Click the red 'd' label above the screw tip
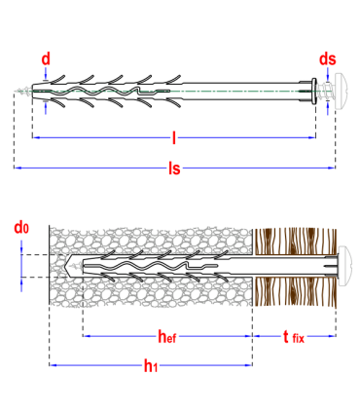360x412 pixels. (x=46, y=58)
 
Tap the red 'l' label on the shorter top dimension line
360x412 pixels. (x=173, y=137)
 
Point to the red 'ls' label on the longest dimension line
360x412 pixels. (x=174, y=169)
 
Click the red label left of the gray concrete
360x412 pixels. (x=21, y=228)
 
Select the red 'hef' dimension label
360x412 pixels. (x=166, y=337)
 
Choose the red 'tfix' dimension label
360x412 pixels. (x=294, y=337)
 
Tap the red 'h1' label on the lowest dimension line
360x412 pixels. (x=151, y=366)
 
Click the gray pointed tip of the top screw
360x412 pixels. (x=22, y=92)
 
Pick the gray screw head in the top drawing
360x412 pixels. (x=338, y=92)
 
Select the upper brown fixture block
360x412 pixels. (x=295, y=240)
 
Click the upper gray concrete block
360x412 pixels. (x=151, y=240)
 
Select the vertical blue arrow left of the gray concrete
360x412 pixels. (x=21, y=265)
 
